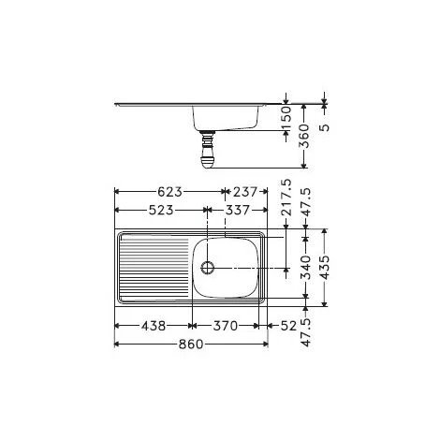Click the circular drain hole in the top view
coord(207,267)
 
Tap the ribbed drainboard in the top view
coord(150,267)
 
